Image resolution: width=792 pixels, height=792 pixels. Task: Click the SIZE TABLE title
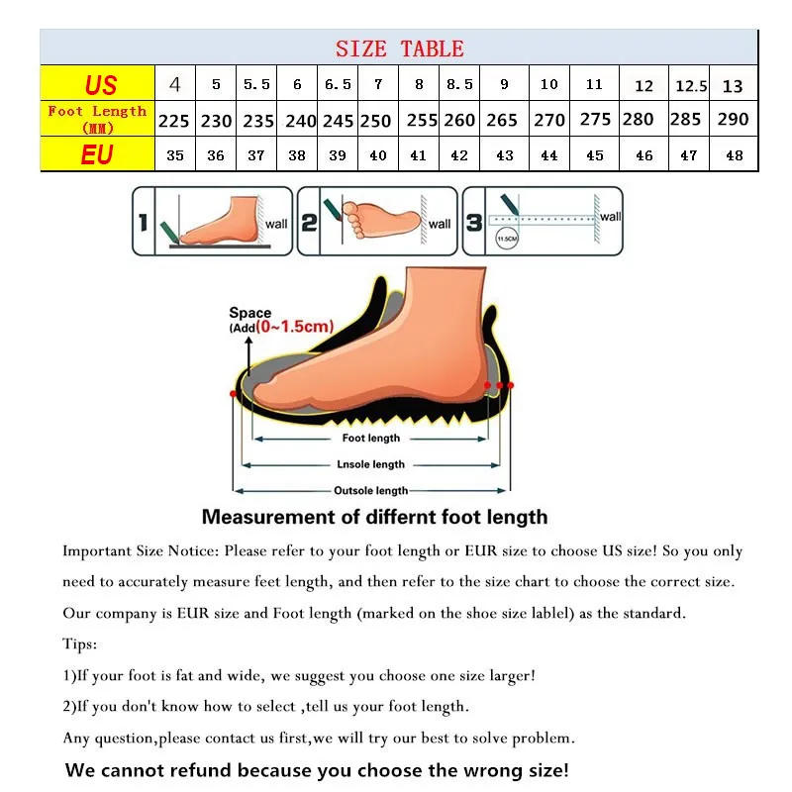399,49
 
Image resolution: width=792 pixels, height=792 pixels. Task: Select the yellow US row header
97,83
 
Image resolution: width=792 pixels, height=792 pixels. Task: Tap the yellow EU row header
97,154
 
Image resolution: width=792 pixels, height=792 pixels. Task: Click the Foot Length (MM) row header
97,119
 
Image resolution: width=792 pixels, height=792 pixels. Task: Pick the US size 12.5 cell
691,86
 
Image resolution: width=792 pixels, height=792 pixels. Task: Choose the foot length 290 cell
733,120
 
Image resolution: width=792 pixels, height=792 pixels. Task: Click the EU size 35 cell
175,155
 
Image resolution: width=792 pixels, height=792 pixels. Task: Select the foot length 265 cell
502,121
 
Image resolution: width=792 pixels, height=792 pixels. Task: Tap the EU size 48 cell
733,155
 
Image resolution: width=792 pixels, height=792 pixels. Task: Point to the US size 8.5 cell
459,85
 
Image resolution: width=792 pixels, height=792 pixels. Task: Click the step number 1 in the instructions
143,223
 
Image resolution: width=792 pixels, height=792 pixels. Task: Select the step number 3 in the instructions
475,223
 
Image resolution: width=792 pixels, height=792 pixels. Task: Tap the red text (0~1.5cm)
294,327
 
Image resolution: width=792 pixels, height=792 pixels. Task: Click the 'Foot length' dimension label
371,438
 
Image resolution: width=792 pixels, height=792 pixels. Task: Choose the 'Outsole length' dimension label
371,490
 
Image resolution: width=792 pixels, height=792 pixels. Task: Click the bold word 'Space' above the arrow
249,313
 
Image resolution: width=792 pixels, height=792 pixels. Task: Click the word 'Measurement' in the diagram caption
268,517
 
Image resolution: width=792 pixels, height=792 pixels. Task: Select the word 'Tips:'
80,644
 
